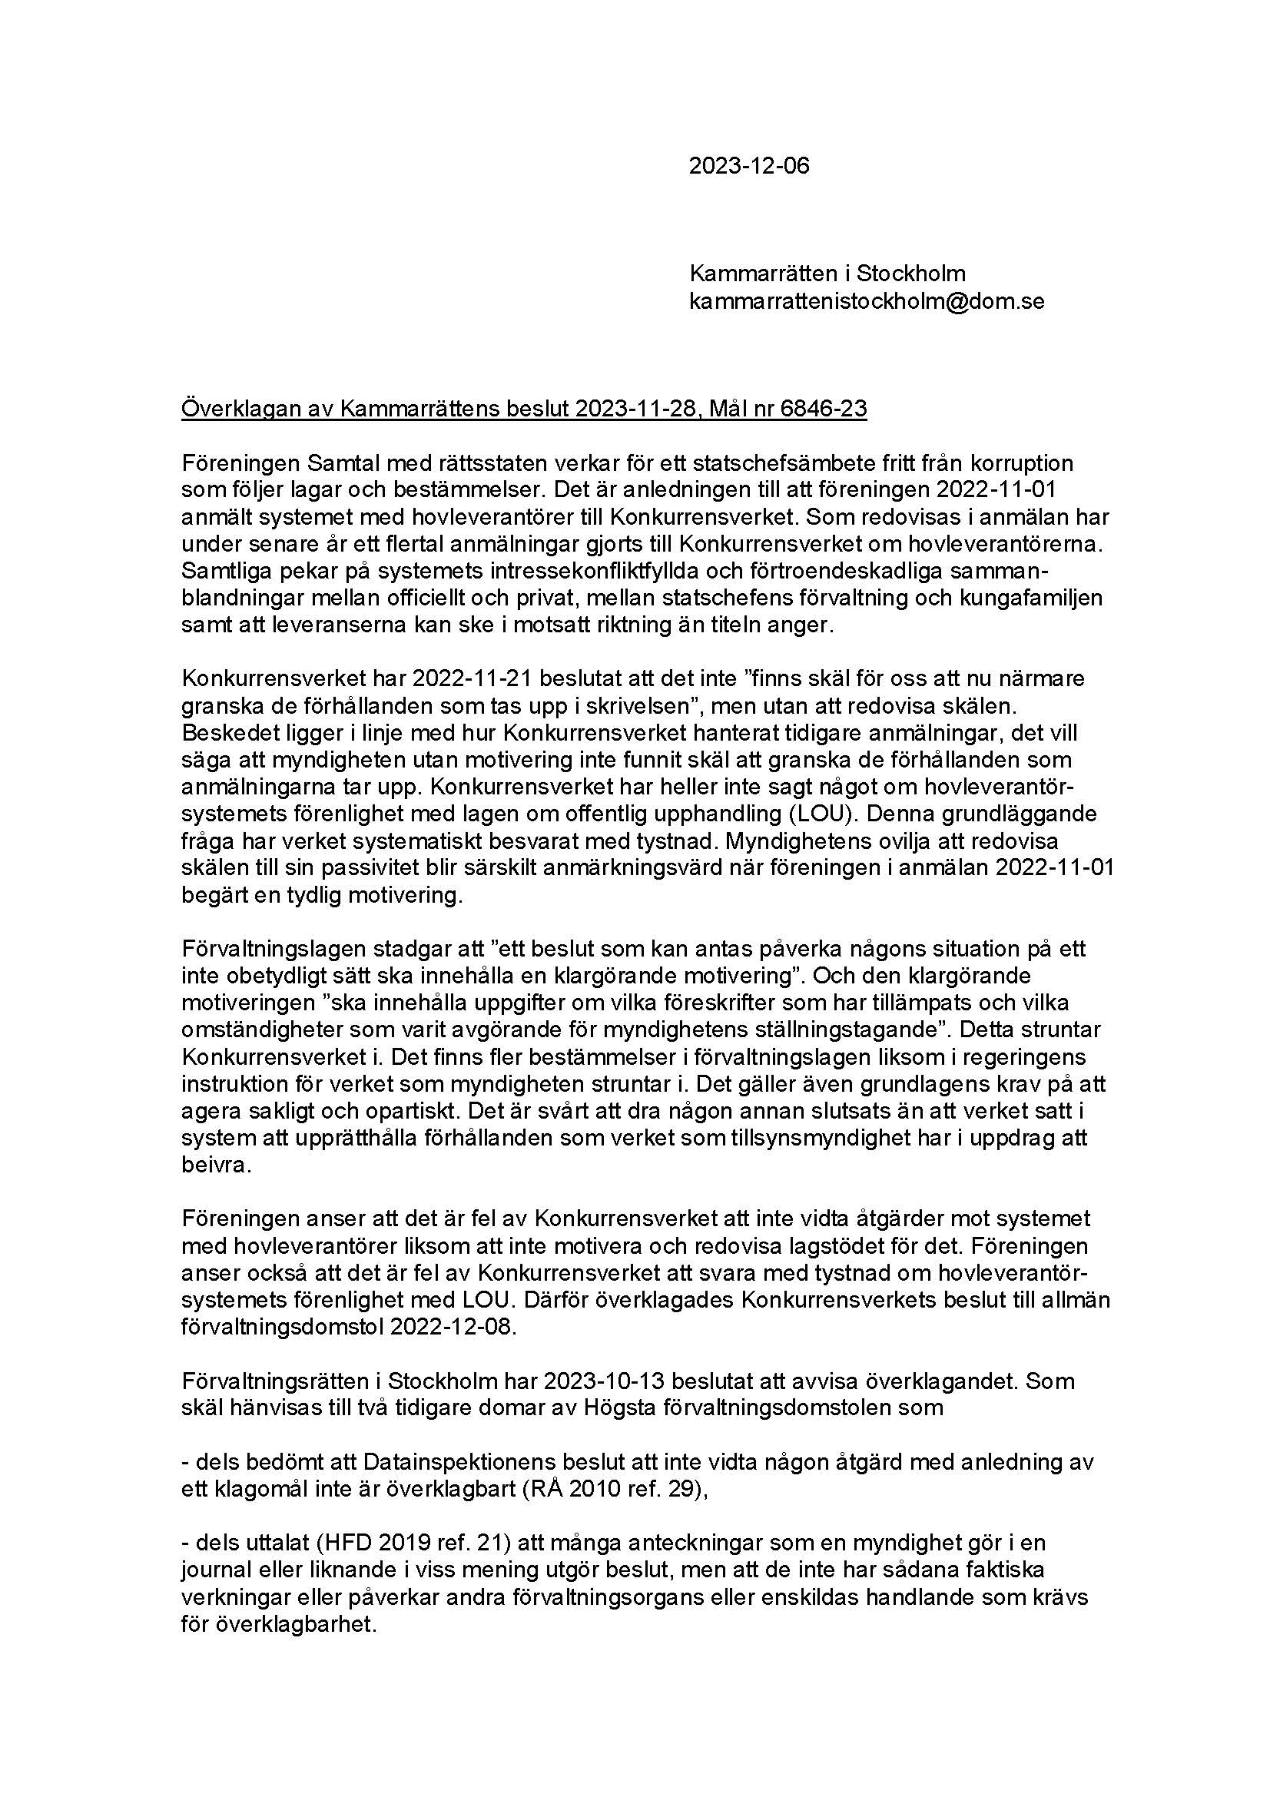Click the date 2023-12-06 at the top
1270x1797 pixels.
tap(749, 166)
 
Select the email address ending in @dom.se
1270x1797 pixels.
tap(866, 301)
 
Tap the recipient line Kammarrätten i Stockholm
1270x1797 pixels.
tap(827, 274)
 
